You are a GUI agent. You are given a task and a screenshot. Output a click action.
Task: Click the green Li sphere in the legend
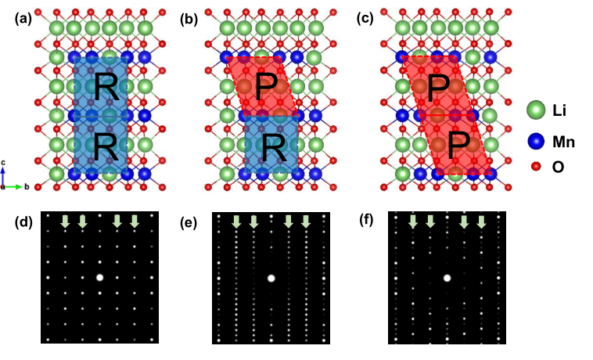click(x=535, y=110)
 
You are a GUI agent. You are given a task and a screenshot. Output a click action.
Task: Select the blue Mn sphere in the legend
click(x=535, y=142)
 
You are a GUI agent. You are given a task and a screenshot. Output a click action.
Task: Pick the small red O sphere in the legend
click(x=535, y=166)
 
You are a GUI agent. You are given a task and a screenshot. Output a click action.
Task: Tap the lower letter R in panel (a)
click(x=106, y=146)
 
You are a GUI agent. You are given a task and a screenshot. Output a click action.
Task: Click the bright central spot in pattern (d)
click(x=99, y=277)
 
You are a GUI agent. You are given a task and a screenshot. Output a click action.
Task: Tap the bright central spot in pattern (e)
click(x=271, y=277)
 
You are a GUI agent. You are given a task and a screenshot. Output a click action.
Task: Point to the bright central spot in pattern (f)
click(x=447, y=277)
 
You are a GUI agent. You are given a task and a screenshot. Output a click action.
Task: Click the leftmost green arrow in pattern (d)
click(x=65, y=222)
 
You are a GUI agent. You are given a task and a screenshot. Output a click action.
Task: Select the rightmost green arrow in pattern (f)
click(x=481, y=222)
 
